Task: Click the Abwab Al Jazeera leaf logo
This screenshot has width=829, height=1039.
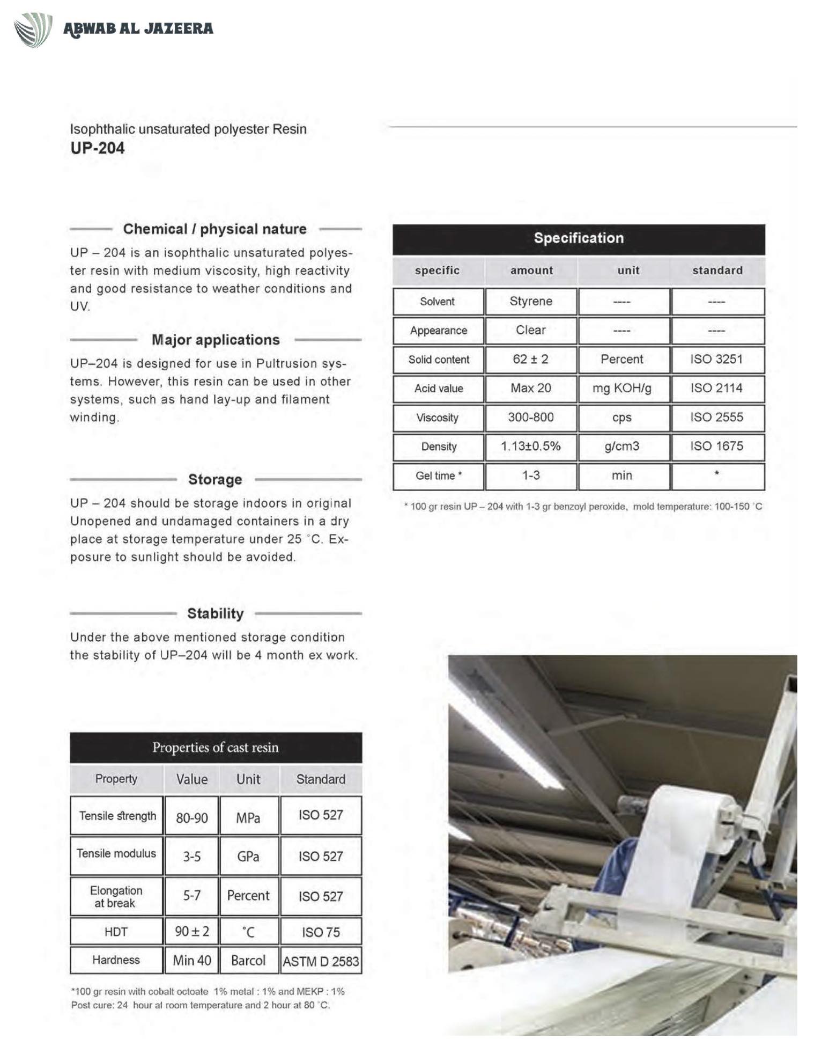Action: click(x=33, y=30)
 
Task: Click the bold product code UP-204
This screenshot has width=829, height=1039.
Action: click(x=98, y=148)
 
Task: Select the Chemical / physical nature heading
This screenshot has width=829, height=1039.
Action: click(x=215, y=229)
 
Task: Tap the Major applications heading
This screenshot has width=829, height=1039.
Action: click(x=216, y=340)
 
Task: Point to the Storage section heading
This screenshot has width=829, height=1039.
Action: click(x=215, y=479)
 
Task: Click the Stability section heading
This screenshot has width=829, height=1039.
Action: click(x=215, y=613)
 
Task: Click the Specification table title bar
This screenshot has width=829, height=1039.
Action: click(x=579, y=238)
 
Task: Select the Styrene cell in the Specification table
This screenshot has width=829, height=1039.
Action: click(x=531, y=302)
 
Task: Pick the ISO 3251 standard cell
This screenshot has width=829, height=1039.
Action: click(x=717, y=360)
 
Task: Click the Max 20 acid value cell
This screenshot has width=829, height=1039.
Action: click(x=531, y=389)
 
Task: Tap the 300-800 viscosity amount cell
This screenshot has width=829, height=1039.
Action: click(x=531, y=418)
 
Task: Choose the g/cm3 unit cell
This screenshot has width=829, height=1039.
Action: click(x=622, y=447)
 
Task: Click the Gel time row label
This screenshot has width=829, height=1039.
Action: click(x=439, y=476)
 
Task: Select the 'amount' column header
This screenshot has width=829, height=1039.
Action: click(x=531, y=270)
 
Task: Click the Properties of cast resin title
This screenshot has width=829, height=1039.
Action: click(x=216, y=748)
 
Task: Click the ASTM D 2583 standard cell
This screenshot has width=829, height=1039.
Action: click(x=321, y=961)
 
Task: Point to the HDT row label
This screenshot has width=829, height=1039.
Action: click(x=116, y=932)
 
